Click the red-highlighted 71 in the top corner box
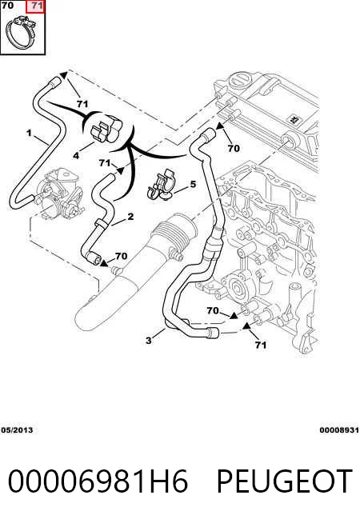tap(36, 6)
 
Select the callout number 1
tap(29, 133)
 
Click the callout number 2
tap(130, 217)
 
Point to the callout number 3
tap(149, 340)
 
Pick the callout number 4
tap(76, 155)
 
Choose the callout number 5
tap(193, 184)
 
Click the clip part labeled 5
tap(161, 186)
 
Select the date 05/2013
tap(17, 430)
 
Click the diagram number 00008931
tap(339, 430)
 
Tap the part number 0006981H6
tap(98, 481)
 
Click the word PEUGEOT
tap(285, 481)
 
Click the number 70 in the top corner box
tap(7, 6)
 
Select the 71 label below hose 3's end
tap(261, 345)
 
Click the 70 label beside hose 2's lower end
tap(121, 256)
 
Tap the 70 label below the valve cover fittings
tap(234, 148)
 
